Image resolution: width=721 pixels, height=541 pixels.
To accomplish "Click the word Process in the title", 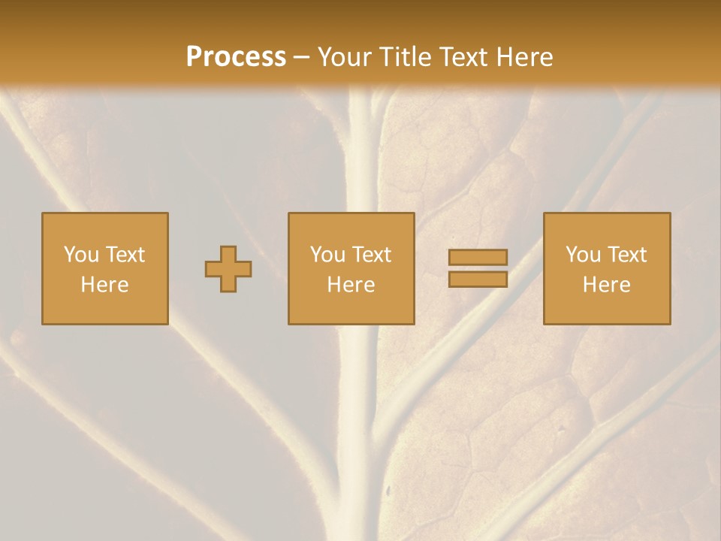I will coord(236,57).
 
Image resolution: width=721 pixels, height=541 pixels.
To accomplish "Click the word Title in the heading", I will coord(406,57).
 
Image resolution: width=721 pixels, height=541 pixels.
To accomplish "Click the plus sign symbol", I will coord(228,269).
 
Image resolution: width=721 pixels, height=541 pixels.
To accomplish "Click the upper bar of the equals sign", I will coord(478,257).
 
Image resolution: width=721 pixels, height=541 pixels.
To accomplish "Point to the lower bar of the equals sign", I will coord(478,280).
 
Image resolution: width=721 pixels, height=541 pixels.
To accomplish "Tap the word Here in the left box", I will coord(105,285).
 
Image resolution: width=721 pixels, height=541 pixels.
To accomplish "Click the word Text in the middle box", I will coord(371,255).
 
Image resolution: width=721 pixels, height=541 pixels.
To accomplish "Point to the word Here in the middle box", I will coord(351,285).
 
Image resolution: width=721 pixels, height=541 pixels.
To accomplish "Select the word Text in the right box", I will coord(626,255).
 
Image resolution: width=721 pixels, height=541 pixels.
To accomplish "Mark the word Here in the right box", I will coord(607,285).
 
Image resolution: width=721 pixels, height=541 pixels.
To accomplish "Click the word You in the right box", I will coord(583,255).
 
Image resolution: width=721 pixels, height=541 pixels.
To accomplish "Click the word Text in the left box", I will coord(125,255).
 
